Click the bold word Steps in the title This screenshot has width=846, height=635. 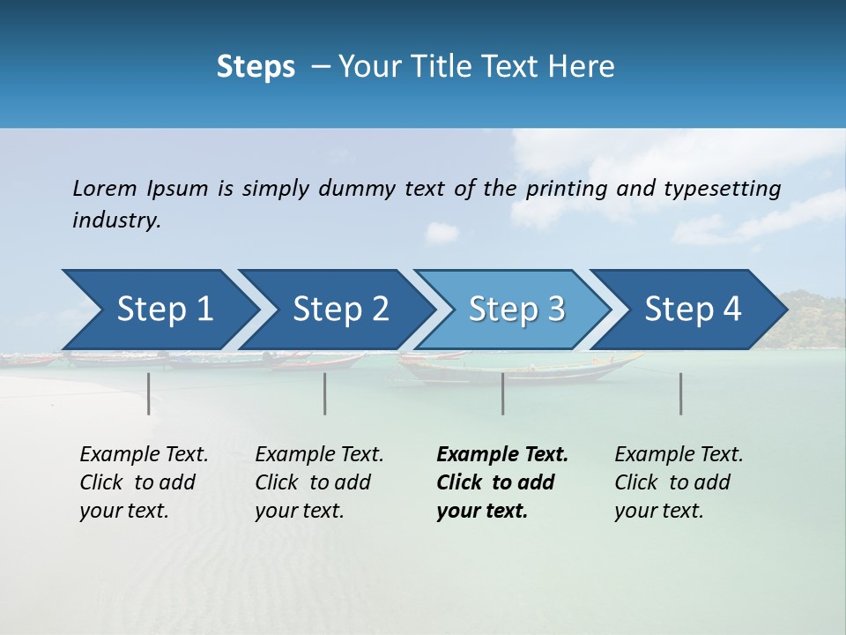point(256,67)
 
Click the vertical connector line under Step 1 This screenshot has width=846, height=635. point(149,393)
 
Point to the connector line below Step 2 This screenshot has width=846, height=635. point(325,393)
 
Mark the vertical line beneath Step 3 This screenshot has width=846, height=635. point(503,393)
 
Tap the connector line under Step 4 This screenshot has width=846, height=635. point(681,393)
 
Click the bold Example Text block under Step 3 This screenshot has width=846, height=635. point(502,482)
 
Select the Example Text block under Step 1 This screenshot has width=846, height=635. point(144,482)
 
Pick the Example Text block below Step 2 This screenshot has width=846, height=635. point(319,482)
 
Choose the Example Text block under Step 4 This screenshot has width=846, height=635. point(679,482)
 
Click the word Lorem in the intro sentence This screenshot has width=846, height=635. point(105,189)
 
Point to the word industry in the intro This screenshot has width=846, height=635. point(116,220)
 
